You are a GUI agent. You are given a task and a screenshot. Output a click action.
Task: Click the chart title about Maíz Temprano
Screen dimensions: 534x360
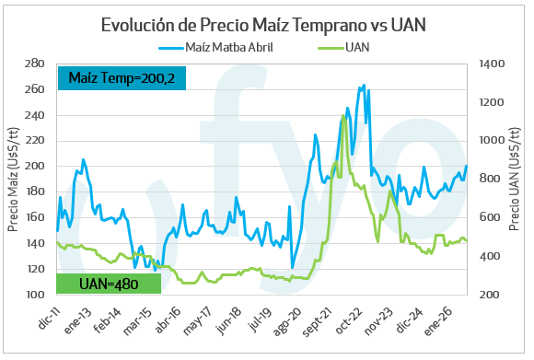click(263, 25)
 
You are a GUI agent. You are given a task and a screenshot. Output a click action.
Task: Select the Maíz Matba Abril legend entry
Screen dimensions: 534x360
click(216, 47)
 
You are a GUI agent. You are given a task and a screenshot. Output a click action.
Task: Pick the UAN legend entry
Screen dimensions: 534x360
click(344, 47)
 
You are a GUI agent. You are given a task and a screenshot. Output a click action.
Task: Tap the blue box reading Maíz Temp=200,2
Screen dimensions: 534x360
click(122, 78)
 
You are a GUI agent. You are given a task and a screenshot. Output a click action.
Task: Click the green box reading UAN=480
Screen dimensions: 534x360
click(109, 284)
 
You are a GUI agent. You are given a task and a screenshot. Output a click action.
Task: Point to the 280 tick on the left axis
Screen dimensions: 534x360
click(34, 64)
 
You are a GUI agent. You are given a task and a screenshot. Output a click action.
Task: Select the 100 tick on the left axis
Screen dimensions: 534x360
click(34, 295)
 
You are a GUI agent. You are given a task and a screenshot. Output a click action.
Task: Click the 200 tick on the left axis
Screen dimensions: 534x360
click(34, 166)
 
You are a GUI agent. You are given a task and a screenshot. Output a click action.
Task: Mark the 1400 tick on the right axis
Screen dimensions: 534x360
click(492, 64)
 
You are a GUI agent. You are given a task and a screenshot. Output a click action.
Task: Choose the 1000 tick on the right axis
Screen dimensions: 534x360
click(492, 140)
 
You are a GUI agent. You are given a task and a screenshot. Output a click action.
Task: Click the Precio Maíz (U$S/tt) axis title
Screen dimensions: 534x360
click(13, 180)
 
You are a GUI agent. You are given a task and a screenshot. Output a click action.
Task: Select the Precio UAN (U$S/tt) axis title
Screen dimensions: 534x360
click(515, 179)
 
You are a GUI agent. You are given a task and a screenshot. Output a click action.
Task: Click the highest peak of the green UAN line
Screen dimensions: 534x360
click(342, 115)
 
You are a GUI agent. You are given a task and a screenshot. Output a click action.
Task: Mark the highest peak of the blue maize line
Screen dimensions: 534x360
click(364, 85)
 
